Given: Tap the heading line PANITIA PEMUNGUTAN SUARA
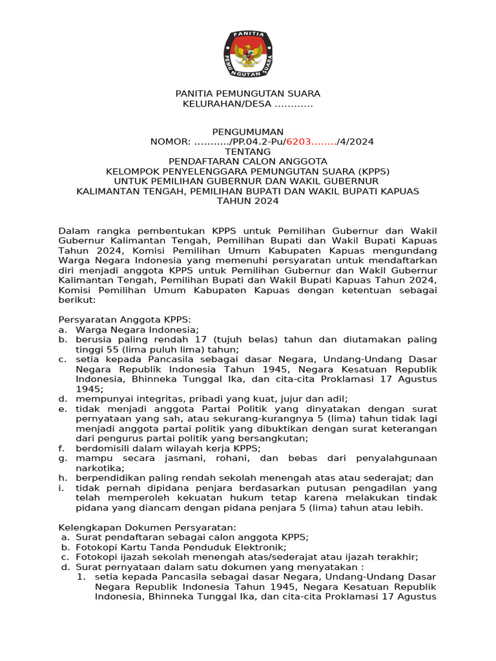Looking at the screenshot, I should [248, 94].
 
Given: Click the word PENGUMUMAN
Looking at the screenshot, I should [248, 132].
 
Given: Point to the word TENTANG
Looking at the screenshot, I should [248, 152].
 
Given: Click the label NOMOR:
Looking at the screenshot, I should [170, 142].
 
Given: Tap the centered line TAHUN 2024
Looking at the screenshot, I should [248, 201].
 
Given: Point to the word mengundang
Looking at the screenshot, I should [405, 250].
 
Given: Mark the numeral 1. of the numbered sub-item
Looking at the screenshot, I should [81, 576].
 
